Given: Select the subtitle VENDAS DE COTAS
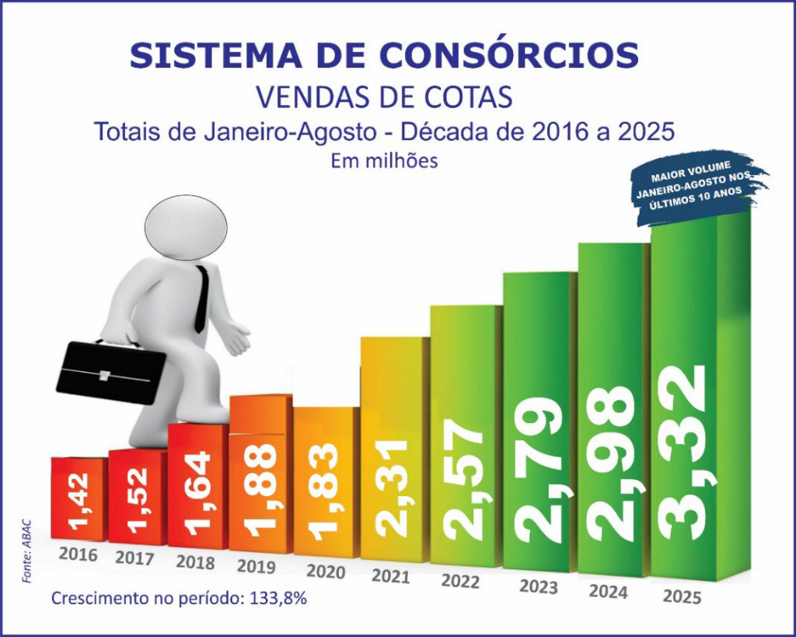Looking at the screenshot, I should point(384,97).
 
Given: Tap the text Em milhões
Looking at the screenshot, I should point(384,161).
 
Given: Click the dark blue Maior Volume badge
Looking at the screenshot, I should point(698,185).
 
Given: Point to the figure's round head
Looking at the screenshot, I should point(187,228).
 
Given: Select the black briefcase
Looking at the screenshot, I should point(111,371).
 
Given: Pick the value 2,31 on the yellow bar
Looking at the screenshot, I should point(393,488).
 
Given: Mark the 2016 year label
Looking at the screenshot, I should point(79,555).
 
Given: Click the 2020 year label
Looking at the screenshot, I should point(326,570).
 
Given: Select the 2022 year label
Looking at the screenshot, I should point(461,580).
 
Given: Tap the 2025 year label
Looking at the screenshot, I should point(683,597).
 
